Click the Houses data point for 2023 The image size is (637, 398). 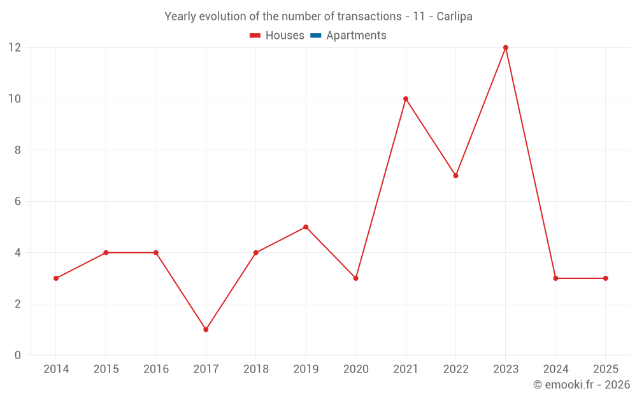click(506, 48)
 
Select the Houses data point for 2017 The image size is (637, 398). click(206, 329)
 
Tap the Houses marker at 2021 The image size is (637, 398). click(406, 99)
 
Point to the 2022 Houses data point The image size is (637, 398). click(455, 176)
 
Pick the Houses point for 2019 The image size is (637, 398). click(306, 227)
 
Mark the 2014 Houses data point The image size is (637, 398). click(56, 278)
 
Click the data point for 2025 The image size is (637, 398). click(605, 278)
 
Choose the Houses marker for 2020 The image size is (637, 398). click(355, 278)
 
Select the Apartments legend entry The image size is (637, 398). click(355, 36)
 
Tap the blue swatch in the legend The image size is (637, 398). click(315, 36)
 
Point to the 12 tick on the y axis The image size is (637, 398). click(15, 48)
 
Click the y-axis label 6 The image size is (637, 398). click(18, 201)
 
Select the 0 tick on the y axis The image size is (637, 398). click(18, 355)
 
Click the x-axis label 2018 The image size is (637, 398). click(255, 369)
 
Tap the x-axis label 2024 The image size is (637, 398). click(555, 369)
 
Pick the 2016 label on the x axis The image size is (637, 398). click(156, 369)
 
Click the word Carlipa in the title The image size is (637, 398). click(454, 17)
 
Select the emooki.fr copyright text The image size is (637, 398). click(582, 385)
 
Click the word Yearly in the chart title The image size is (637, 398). click(180, 17)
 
